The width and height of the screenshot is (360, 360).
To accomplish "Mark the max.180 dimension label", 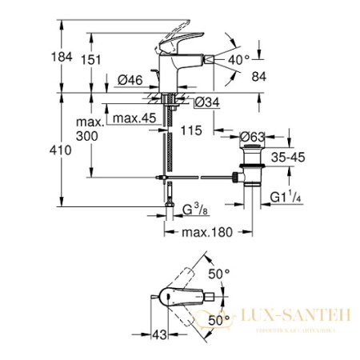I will point(198,232).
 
